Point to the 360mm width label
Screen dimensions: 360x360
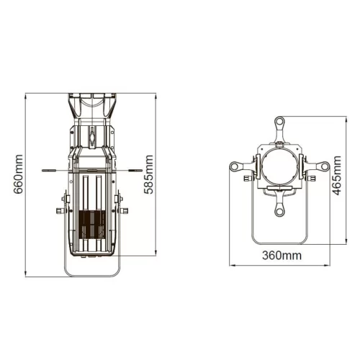281,256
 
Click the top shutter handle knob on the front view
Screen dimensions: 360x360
279,121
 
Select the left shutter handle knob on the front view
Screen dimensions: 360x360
235,167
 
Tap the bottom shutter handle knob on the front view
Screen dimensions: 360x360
279,212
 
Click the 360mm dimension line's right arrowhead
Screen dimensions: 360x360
326,265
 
